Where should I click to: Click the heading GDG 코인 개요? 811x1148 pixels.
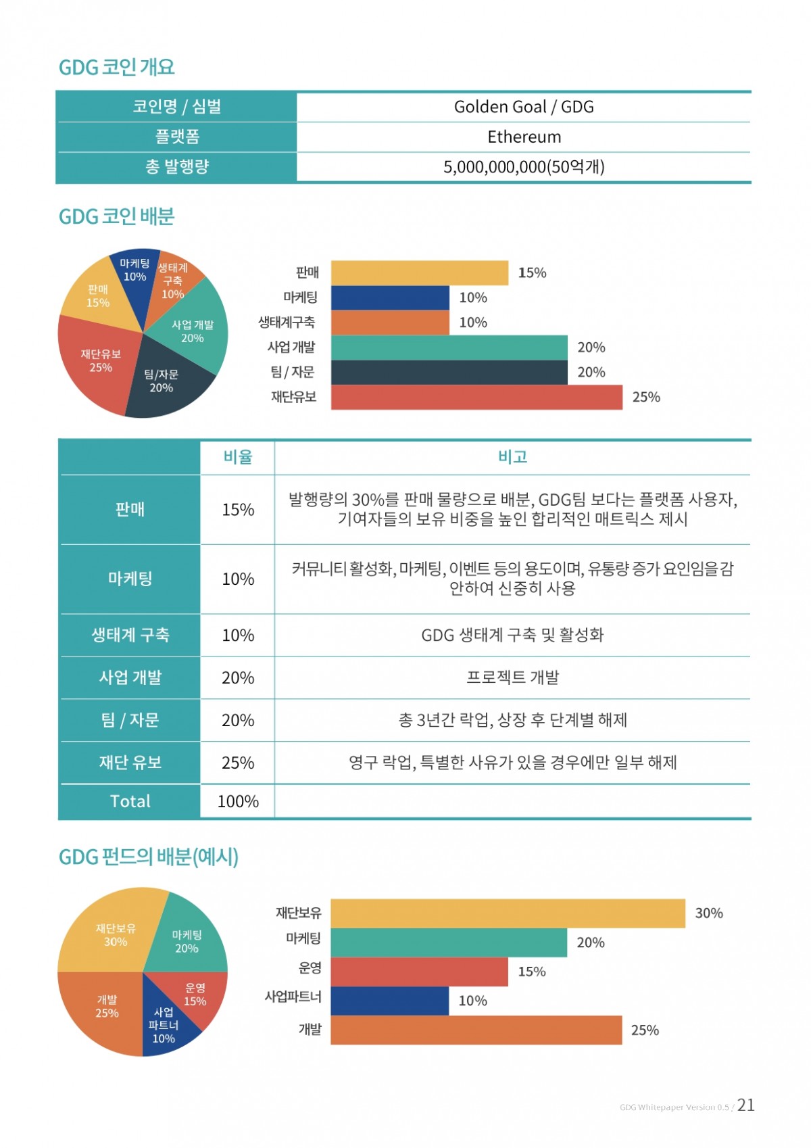(116, 67)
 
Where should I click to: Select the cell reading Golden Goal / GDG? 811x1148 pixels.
(523, 107)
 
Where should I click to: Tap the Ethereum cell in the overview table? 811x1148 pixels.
(523, 137)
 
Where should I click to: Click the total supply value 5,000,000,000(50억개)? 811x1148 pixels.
(523, 167)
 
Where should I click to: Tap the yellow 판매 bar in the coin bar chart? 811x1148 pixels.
(419, 272)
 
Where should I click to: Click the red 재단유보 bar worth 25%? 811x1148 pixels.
(476, 397)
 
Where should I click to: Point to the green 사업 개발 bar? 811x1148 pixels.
(449, 348)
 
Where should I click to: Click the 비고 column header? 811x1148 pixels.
(512, 457)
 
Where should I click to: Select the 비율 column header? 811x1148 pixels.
(237, 457)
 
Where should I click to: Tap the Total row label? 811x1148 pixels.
(130, 801)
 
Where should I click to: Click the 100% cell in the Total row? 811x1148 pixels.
(237, 801)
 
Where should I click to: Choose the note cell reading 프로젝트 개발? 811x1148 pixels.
(512, 677)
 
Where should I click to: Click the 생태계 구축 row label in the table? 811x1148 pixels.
(130, 635)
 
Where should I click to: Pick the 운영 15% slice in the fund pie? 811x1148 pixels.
(193, 995)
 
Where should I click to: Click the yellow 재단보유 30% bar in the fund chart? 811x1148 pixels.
(507, 913)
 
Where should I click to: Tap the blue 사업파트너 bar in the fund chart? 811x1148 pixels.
(389, 1001)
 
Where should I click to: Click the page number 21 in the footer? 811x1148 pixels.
(745, 1105)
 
